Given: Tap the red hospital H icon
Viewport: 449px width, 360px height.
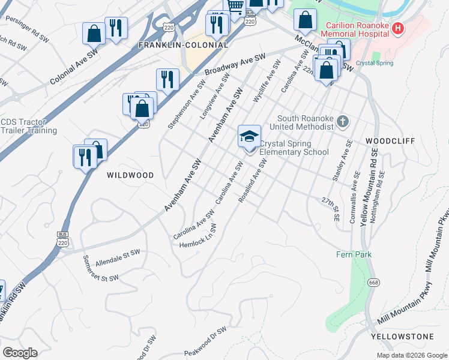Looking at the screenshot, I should [396, 28].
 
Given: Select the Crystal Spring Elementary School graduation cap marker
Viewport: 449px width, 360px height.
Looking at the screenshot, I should [249, 136].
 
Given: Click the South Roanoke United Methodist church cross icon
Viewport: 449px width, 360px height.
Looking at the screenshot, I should [343, 122].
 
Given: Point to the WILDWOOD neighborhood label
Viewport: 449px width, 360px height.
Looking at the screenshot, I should [130, 175].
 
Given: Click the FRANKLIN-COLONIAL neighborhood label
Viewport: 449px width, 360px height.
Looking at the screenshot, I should [183, 45].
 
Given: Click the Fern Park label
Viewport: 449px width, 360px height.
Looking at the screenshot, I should [354, 254].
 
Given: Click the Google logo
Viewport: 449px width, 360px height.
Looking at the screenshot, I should [20, 353].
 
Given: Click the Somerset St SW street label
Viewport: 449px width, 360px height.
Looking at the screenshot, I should [100, 269].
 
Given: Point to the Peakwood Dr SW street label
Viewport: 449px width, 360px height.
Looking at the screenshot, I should [206, 340].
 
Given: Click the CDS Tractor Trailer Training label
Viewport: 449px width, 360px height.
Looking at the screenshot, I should [29, 126].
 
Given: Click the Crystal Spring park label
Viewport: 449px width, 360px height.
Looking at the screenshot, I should [375, 63].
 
